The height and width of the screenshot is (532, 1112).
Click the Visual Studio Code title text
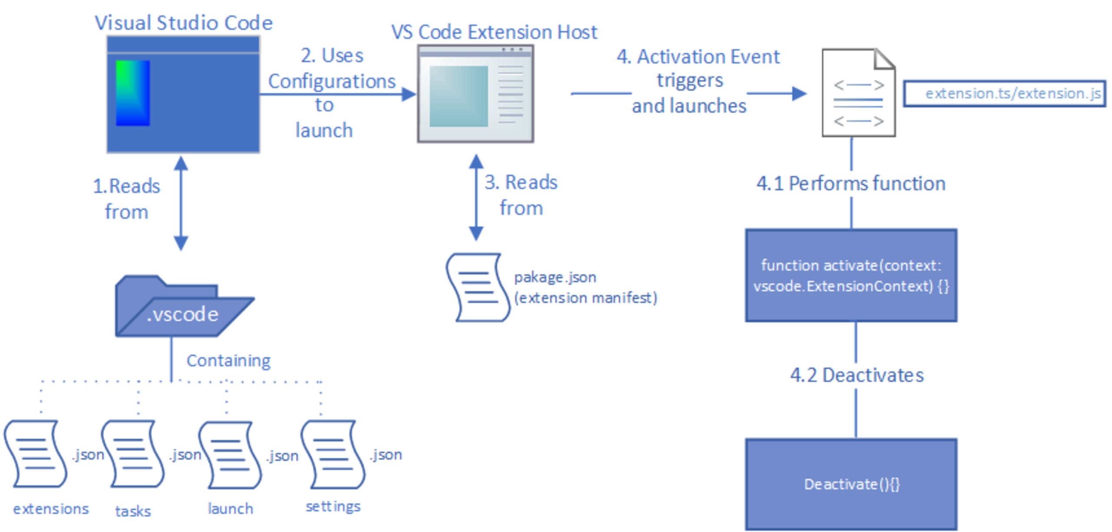(183, 23)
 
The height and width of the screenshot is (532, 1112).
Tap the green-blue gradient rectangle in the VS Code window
(133, 93)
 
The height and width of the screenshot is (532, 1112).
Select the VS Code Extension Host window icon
(475, 94)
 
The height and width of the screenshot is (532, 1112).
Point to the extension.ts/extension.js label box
(1004, 93)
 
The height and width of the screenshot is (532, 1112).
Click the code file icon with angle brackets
(858, 93)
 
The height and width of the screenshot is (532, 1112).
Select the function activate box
(851, 276)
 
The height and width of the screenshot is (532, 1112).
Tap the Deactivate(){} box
(851, 484)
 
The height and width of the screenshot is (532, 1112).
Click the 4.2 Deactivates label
(856, 375)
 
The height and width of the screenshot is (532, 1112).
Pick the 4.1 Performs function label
(851, 184)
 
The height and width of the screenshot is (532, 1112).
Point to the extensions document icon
(36, 454)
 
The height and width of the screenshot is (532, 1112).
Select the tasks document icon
(132, 454)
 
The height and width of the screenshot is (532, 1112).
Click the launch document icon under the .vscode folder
(230, 455)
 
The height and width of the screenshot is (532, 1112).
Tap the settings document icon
(333, 454)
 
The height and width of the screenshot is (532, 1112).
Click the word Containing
(228, 360)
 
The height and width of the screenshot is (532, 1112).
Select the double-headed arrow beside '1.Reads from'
(181, 203)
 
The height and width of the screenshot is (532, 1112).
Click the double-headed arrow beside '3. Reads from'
(476, 198)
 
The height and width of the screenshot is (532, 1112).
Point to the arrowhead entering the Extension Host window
(408, 94)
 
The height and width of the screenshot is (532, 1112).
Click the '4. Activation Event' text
(698, 57)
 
